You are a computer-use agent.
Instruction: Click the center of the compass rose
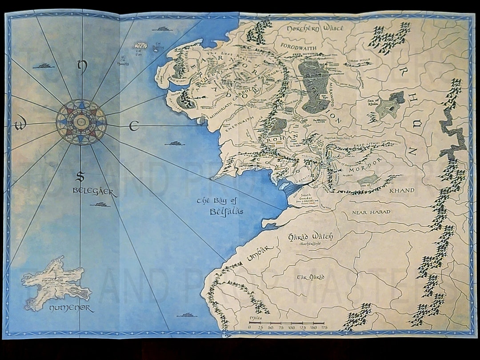pyautogui.click(x=81, y=122)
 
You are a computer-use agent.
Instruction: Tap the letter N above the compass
pyautogui.click(x=81, y=66)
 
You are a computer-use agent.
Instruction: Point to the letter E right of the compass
pyautogui.click(x=133, y=127)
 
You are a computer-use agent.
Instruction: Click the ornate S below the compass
pyautogui.click(x=80, y=177)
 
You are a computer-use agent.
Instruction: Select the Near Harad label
pyautogui.click(x=371, y=212)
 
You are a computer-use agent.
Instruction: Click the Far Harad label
pyautogui.click(x=306, y=277)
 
